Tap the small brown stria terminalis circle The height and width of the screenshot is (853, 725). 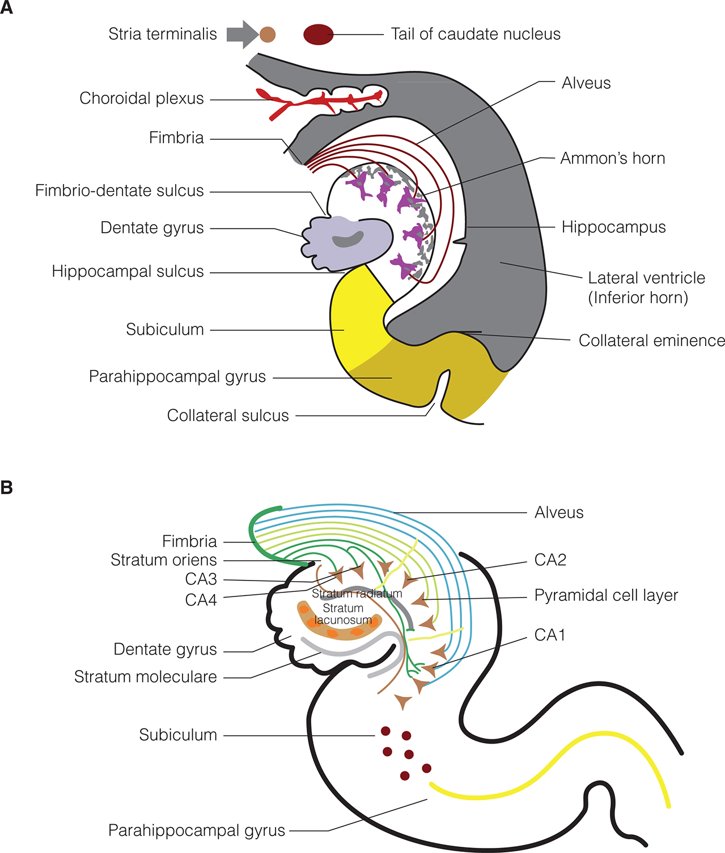(x=268, y=35)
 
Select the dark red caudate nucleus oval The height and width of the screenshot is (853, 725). (x=318, y=35)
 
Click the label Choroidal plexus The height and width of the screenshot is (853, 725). (x=142, y=99)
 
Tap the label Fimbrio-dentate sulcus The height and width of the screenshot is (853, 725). (x=120, y=191)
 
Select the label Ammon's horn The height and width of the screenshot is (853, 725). (x=613, y=159)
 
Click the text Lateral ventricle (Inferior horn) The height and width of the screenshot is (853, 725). (x=646, y=287)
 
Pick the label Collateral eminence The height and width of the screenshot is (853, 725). (x=651, y=340)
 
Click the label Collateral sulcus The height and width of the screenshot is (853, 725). (x=228, y=416)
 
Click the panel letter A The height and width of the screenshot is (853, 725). (x=7, y=8)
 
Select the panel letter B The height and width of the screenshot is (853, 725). (x=7, y=487)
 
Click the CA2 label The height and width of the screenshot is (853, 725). (x=550, y=560)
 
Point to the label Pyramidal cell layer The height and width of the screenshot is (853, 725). (x=606, y=596)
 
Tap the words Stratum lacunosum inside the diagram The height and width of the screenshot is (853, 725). (x=343, y=614)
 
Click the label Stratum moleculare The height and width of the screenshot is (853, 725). (x=146, y=677)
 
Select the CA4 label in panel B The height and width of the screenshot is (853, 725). (x=201, y=600)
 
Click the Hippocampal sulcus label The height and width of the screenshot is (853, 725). (x=128, y=272)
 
